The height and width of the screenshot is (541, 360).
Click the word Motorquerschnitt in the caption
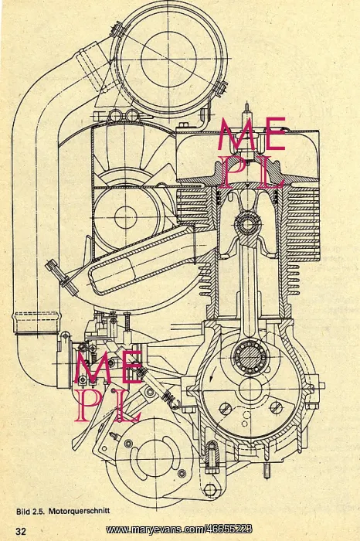tap(79, 511)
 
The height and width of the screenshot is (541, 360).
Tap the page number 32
tap(20, 531)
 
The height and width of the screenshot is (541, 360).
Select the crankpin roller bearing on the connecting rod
tap(250, 356)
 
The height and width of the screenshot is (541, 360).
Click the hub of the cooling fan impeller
tap(125, 218)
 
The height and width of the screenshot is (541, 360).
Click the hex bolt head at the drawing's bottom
tap(209, 489)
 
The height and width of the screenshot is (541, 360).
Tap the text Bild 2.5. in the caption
tap(30, 511)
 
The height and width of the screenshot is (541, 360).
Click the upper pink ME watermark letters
tap(251, 134)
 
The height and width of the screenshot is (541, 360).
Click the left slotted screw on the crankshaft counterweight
tap(225, 409)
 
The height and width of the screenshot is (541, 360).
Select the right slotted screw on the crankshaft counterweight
tap(277, 408)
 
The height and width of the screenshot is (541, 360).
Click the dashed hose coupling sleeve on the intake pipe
tap(36, 323)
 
